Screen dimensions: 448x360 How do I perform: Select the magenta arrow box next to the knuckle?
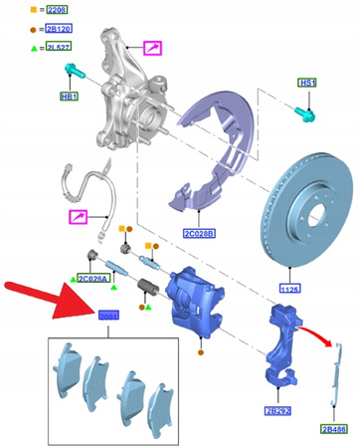(155, 47)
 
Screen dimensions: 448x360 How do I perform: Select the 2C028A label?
(94, 281)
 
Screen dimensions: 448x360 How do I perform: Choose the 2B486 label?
(333, 429)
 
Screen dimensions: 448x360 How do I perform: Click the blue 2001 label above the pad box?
(107, 317)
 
